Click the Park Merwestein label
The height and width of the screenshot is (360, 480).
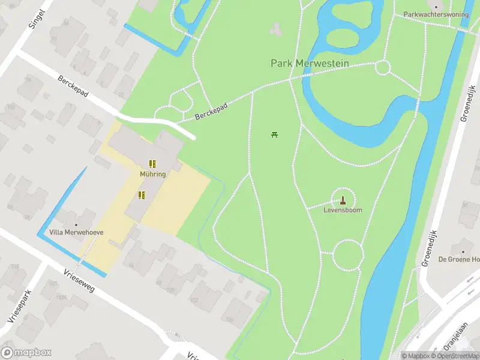click(307, 63)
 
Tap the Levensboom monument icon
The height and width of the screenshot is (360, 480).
click(343, 200)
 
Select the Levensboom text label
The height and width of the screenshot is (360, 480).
click(343, 211)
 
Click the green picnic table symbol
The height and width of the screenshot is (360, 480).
click(275, 134)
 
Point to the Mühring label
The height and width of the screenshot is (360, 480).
click(153, 174)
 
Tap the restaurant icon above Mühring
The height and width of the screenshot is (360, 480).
click(153, 163)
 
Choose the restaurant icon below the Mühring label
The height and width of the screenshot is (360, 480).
click(142, 195)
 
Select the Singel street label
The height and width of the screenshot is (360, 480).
click(37, 19)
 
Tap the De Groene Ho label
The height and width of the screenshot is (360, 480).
click(459, 259)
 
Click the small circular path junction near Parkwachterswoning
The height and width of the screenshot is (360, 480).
click(383, 67)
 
